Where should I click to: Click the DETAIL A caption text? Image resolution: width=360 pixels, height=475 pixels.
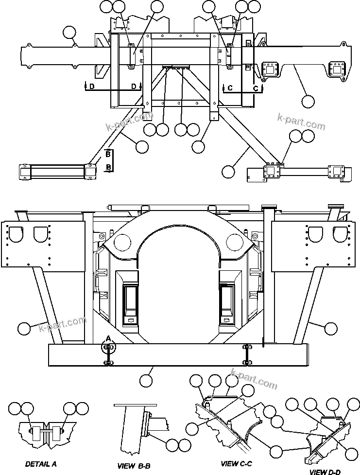click(x=41, y=464)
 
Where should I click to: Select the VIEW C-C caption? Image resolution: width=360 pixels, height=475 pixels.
click(x=237, y=464)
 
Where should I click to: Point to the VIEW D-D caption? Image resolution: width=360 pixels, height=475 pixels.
click(x=326, y=472)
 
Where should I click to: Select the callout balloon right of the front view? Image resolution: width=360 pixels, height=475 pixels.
click(x=330, y=329)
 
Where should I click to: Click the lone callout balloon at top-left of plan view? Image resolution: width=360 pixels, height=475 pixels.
click(x=70, y=33)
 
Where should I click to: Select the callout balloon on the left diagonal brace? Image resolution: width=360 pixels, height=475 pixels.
click(x=142, y=146)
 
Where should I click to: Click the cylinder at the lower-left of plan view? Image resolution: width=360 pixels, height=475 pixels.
click(x=56, y=172)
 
